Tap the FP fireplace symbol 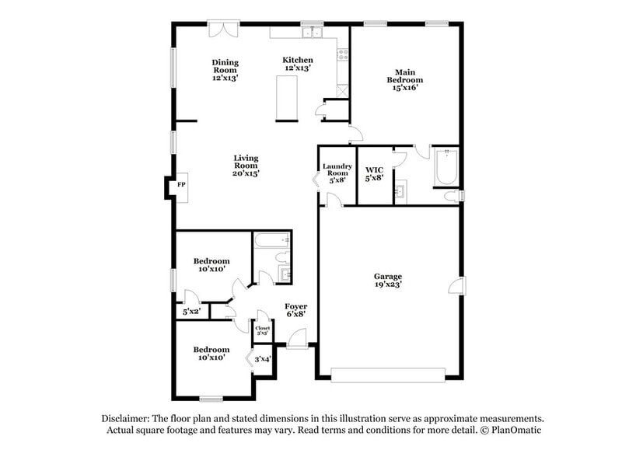(x=181, y=185)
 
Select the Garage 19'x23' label (x=387, y=281)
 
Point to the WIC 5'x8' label (x=375, y=173)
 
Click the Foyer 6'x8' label (x=295, y=310)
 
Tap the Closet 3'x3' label (x=263, y=330)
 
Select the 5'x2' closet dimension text (x=191, y=312)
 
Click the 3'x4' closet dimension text (x=264, y=358)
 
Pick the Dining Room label (x=225, y=70)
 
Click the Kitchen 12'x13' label (x=298, y=64)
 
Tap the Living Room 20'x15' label (x=246, y=166)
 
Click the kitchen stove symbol (x=341, y=54)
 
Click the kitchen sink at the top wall (x=312, y=33)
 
